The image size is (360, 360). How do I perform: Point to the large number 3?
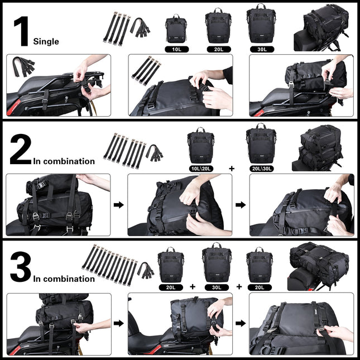pos(20,268)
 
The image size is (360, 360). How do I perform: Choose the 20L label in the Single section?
pos(218,49)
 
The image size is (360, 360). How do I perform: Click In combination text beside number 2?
pos(64,161)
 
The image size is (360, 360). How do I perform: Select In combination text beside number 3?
pos(64,279)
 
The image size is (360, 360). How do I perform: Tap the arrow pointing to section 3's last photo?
pos(240,323)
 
